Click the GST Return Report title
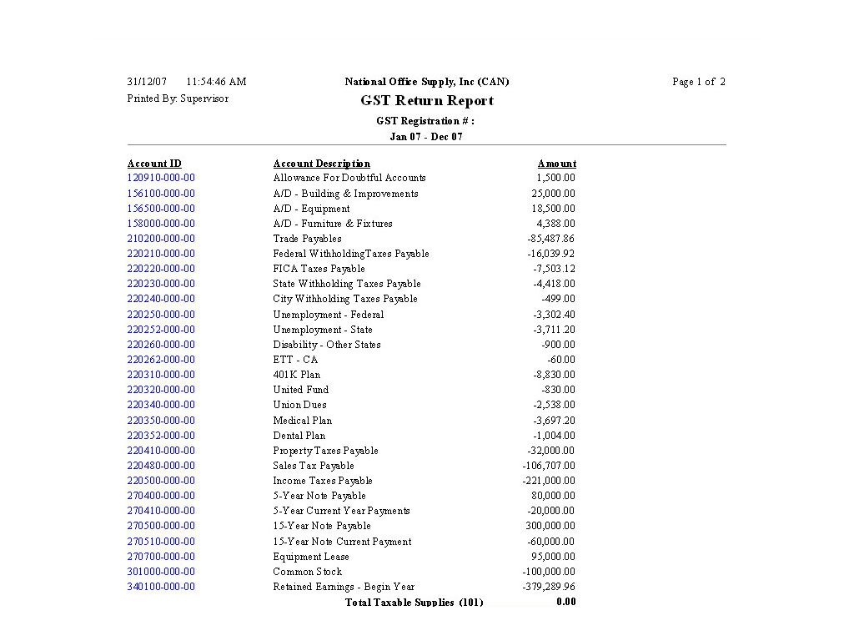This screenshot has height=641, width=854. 427,101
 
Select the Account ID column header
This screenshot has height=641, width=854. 154,164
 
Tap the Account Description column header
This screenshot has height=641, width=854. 321,164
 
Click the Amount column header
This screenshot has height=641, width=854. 556,164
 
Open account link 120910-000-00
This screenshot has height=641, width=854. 161,178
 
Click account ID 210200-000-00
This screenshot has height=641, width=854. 161,239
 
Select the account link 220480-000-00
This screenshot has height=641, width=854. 161,466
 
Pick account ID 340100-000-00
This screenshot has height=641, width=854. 161,587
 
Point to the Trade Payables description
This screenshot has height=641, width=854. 307,239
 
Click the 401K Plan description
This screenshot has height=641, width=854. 296,375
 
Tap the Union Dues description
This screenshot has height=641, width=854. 299,405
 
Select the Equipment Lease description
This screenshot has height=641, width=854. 311,557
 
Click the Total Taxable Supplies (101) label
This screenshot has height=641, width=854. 414,603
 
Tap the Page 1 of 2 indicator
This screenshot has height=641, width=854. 699,82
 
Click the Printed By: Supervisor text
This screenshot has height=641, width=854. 178,98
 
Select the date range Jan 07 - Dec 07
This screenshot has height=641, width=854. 426,137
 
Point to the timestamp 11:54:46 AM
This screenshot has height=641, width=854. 216,82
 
